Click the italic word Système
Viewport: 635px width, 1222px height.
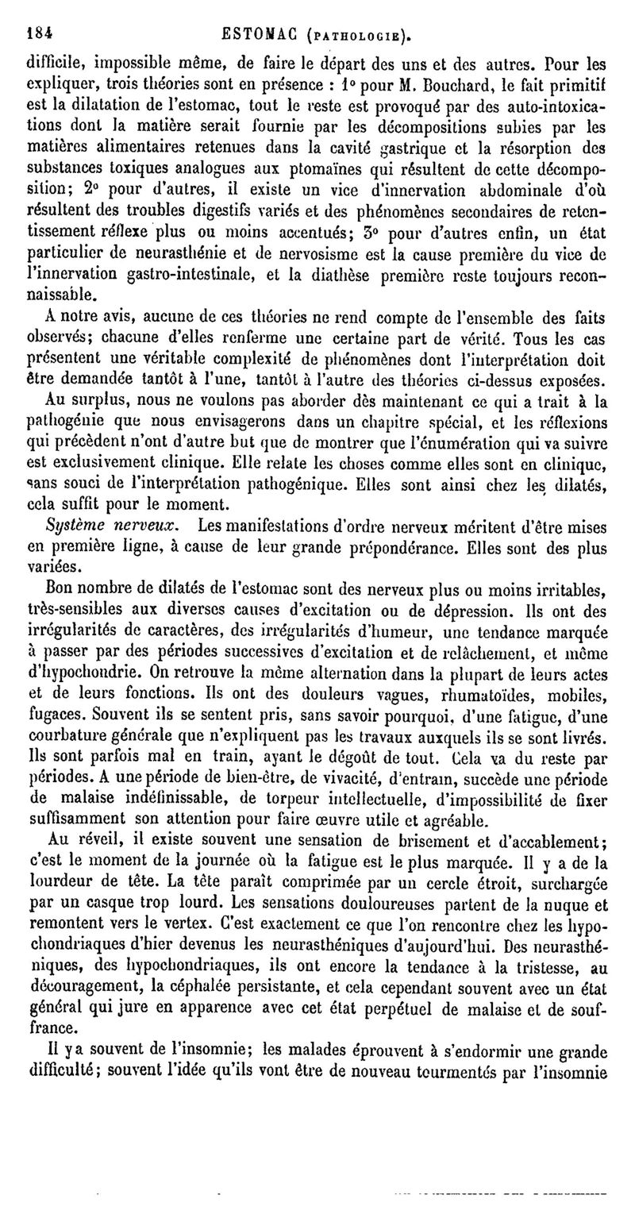(84, 526)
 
